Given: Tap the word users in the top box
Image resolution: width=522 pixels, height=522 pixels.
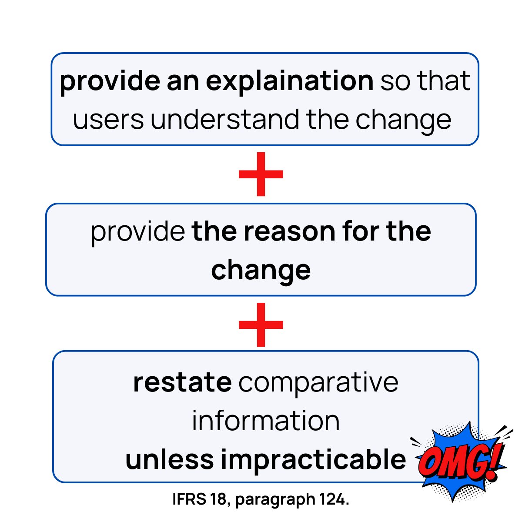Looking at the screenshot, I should tap(108, 120).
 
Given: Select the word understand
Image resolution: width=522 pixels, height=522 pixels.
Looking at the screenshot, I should tap(225, 120).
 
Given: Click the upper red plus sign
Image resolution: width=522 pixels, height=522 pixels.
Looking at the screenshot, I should tap(261, 174).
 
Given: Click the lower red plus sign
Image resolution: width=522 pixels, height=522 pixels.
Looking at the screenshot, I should tap(261, 325).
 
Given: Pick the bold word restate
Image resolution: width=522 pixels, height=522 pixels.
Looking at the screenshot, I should tap(182, 382).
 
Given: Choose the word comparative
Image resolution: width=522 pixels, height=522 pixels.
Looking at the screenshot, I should tap(318, 382).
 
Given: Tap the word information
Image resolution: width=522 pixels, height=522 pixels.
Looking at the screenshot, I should tap(266, 421).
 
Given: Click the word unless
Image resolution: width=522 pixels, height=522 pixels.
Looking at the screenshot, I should tap(170, 459).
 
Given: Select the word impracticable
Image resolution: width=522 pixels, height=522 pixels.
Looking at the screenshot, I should tap(313, 459).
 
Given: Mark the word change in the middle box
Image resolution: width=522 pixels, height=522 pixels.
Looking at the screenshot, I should tap(261, 270).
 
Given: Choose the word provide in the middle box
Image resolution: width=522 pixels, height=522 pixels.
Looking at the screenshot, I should tap(138, 232).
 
